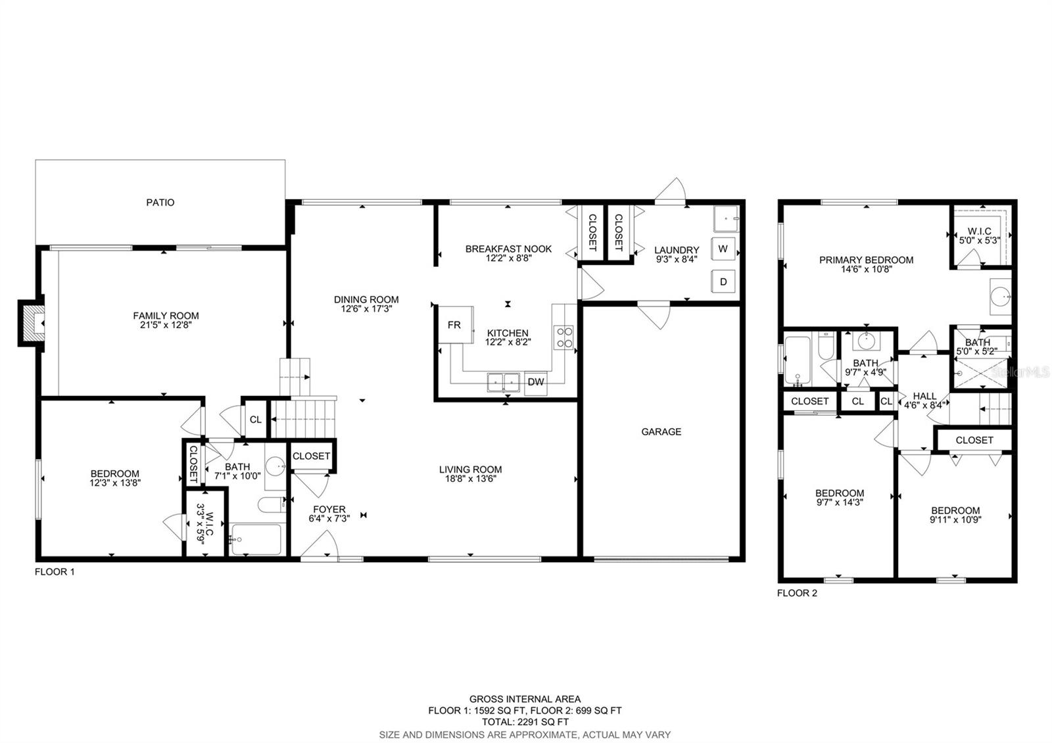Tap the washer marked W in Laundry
pos(723,249)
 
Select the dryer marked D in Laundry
pos(723,281)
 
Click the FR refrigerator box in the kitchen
pos(455,325)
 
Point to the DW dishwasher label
pos(535,382)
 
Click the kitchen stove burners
pos(564,337)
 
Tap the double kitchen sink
pos(503,381)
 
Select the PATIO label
pos(160,203)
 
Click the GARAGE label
pos(661,431)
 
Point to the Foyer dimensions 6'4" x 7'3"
pos(329,518)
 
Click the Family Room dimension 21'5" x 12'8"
pos(166,324)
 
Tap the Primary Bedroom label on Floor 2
pos(866,260)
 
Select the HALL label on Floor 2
pos(924,396)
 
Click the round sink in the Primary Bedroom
pos(1002,297)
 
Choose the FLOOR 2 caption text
pos(797,593)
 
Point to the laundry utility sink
pos(726,218)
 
